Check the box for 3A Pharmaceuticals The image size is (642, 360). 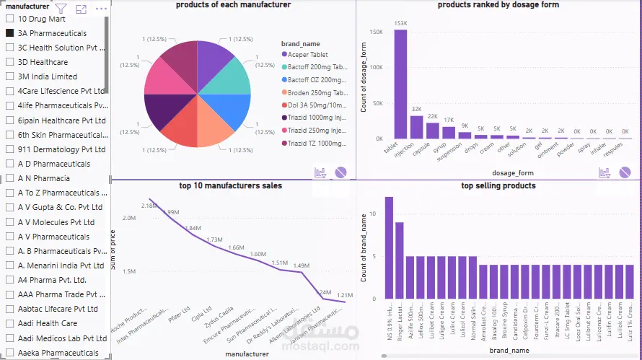pyautogui.click(x=10, y=33)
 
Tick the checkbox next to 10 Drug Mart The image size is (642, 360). pyautogui.click(x=10, y=19)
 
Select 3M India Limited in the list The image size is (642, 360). pyautogui.click(x=47, y=76)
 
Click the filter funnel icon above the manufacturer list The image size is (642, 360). pyautogui.click(x=61, y=9)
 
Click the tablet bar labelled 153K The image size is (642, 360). pyautogui.click(x=400, y=84)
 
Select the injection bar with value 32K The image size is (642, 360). pyautogui.click(x=416, y=127)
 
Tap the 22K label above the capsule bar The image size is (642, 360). pyautogui.click(x=432, y=116)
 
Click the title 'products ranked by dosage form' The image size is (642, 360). pyautogui.click(x=498, y=5)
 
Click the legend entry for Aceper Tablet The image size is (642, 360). pyautogui.click(x=308, y=54)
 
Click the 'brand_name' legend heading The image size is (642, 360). pyautogui.click(x=300, y=43)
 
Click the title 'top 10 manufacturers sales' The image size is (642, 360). pyautogui.click(x=230, y=185)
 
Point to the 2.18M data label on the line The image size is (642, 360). pyautogui.click(x=149, y=206)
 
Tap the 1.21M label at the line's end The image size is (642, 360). pyautogui.click(x=344, y=295)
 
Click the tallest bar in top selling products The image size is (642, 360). pyautogui.click(x=389, y=247)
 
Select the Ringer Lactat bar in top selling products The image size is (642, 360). pyautogui.click(x=400, y=260)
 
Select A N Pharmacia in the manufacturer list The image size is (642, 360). pyautogui.click(x=43, y=178)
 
